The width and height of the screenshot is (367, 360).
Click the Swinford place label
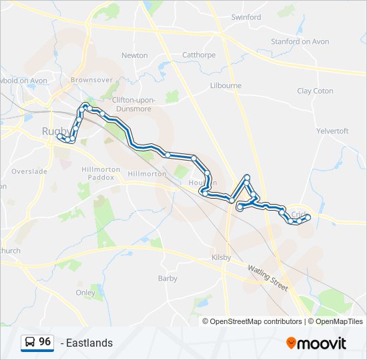tap(246, 17)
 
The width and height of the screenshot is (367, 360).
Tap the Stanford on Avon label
tap(300, 41)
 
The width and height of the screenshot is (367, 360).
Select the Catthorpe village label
tap(199, 55)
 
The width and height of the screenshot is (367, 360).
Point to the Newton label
tap(135, 55)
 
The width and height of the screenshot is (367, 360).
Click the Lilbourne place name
tap(226, 86)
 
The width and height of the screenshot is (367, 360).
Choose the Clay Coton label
tap(315, 91)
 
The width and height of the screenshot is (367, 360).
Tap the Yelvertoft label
tap(332, 131)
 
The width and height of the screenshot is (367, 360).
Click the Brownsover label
tap(91, 80)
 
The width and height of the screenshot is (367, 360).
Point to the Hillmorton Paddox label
tap(101, 173)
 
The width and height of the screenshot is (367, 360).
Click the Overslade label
tap(30, 171)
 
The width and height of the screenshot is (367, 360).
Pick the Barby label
tap(167, 279)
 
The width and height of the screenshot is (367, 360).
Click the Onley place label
tap(85, 293)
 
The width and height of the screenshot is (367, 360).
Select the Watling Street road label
tap(268, 278)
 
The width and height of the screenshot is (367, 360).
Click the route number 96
tap(45, 342)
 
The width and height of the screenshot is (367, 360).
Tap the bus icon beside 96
tap(30, 343)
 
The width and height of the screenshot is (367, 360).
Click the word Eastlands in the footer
tap(89, 343)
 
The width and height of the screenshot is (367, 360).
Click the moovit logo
tap(316, 343)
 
